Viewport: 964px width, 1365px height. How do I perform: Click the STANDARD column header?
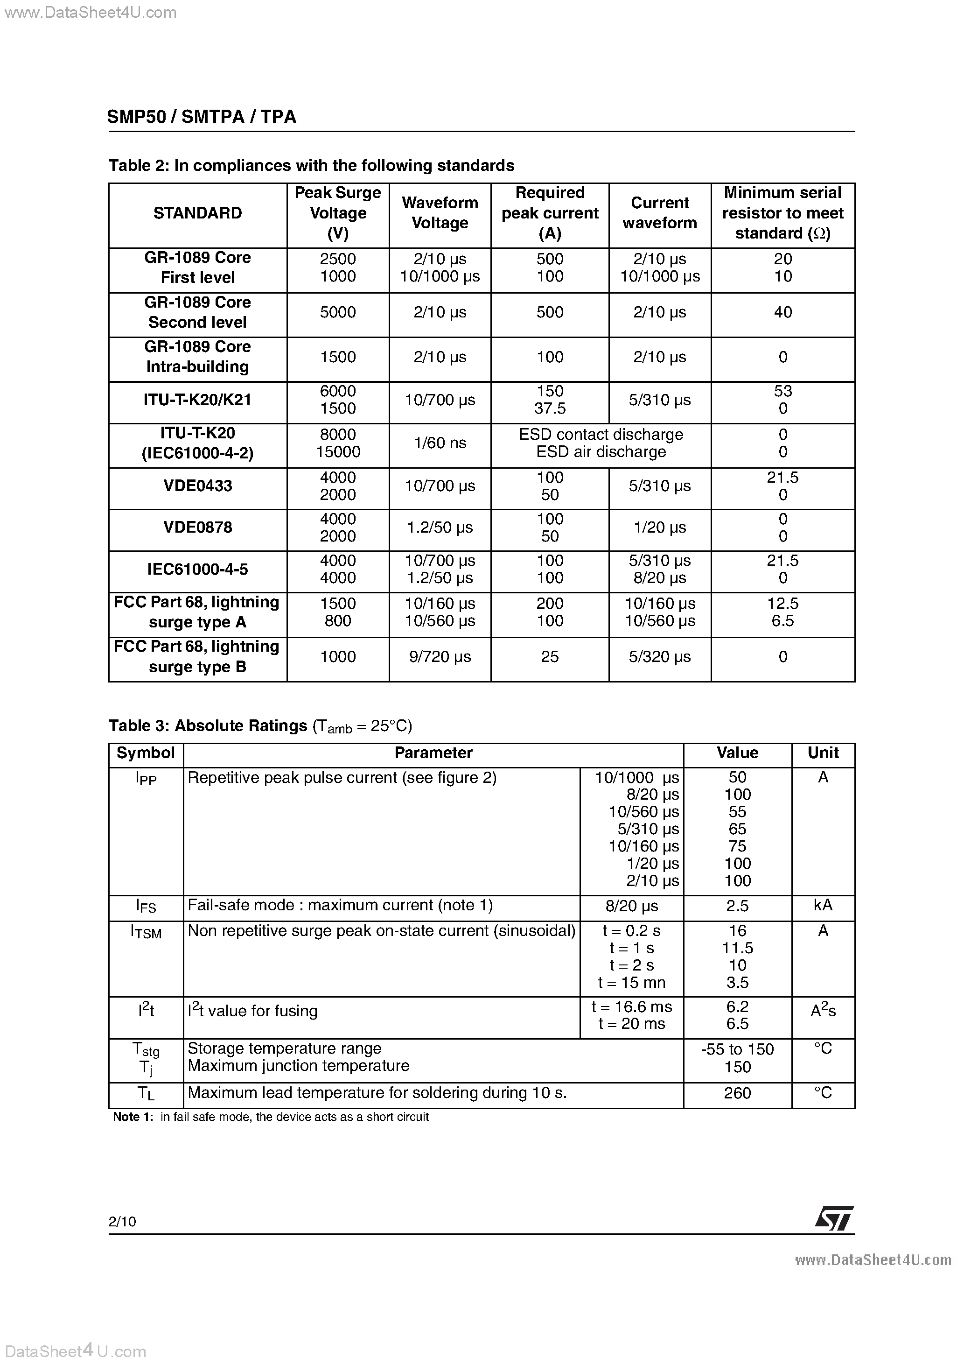tap(197, 213)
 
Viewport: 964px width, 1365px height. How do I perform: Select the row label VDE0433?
tap(197, 485)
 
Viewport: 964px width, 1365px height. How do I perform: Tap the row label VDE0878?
tap(197, 528)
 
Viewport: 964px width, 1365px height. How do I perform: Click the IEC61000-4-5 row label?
tap(197, 570)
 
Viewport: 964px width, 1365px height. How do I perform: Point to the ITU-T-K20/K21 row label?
tap(197, 400)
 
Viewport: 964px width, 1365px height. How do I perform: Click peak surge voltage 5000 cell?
tap(337, 312)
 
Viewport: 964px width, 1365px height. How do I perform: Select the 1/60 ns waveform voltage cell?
tap(440, 443)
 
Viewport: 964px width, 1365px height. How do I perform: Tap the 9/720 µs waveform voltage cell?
tap(440, 657)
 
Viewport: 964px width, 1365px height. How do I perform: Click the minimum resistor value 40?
tap(783, 312)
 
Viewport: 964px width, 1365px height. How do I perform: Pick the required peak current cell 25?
tap(550, 657)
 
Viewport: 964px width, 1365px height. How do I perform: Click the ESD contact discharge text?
tap(601, 435)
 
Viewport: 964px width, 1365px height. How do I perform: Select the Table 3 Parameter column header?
tap(433, 753)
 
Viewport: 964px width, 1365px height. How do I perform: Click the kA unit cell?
tap(823, 905)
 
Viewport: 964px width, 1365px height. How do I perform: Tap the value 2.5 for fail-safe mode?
tap(737, 906)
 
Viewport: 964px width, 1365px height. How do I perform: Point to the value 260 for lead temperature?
tap(737, 1093)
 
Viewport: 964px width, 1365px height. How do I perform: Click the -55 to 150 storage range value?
tap(737, 1049)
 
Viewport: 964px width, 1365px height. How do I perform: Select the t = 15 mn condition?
tap(631, 982)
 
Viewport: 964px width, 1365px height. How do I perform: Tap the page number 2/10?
tap(122, 1222)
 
